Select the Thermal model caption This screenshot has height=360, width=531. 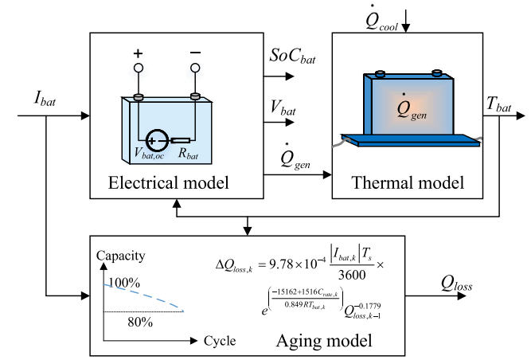point(407,183)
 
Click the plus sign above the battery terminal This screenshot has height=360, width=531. point(138,53)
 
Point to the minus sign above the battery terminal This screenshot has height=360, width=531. point(194,53)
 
